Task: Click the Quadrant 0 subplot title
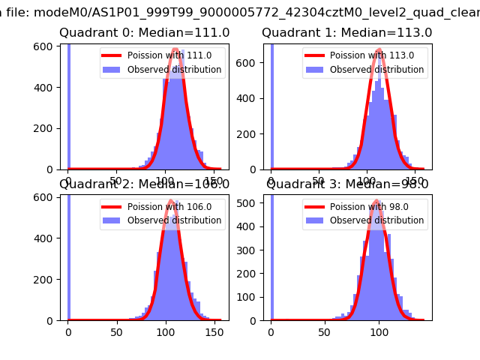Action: tap(145, 33)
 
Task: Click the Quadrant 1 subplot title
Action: tap(346, 33)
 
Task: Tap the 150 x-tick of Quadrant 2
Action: tap(212, 332)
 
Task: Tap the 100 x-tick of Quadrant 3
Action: tap(379, 332)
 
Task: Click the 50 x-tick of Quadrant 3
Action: tap(325, 332)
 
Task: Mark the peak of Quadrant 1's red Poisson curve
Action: tap(379, 50)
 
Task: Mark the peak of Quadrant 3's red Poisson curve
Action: tap(377, 201)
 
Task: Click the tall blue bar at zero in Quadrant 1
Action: tap(271, 105)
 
